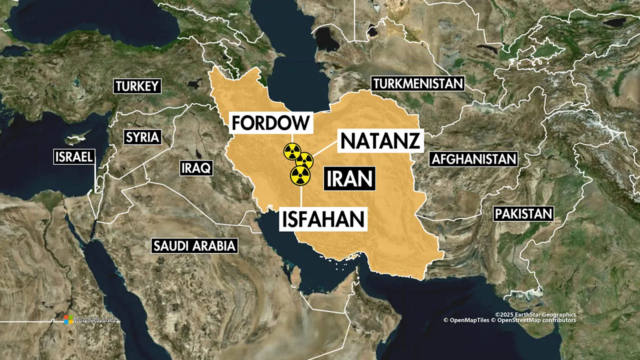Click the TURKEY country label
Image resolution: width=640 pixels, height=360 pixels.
coord(137,86)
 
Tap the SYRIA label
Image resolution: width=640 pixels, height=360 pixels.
coord(142,137)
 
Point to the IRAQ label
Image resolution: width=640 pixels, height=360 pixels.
coord(196,167)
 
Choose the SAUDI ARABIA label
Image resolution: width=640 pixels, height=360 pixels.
coord(194,245)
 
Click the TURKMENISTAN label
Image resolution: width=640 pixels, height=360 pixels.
coord(418,83)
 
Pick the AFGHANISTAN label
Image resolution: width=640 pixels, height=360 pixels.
coord(473,159)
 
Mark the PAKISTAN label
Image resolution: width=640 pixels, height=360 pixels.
coord(523,214)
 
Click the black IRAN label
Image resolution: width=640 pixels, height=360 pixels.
coord(349,178)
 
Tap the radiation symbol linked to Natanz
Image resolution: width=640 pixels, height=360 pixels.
coord(304,160)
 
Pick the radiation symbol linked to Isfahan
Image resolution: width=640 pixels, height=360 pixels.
coord(300,175)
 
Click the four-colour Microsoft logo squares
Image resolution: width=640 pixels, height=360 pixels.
coord(68,319)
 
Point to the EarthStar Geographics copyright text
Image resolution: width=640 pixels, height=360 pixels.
coord(535,314)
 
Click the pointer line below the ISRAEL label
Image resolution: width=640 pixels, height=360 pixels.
coord(96,177)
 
